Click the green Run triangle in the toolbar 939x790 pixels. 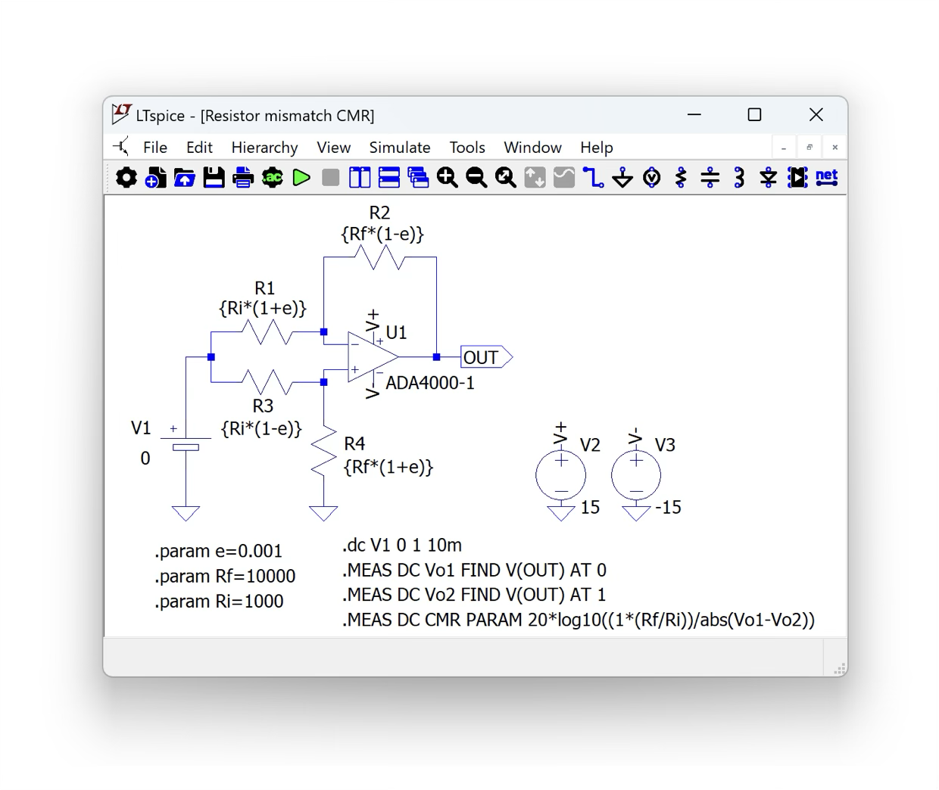coord(301,178)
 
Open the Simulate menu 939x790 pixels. coord(399,148)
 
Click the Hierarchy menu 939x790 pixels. coord(264,148)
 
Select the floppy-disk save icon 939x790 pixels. coord(214,178)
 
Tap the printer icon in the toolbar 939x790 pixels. coord(243,178)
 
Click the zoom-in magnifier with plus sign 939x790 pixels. coord(447,178)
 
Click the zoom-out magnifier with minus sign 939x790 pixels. coord(476,178)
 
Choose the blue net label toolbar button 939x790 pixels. coord(827,177)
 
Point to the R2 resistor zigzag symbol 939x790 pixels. coord(379,257)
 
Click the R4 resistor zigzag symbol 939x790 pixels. coord(324,451)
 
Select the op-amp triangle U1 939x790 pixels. coord(373,357)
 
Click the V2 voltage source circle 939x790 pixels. coord(561,475)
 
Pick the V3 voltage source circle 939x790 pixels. coord(636,475)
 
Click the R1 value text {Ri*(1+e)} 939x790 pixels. coord(263,308)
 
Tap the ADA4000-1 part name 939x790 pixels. coord(430,384)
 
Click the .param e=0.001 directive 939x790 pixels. coord(218,552)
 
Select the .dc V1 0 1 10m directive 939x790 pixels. coord(402,545)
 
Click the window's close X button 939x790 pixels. coord(816,114)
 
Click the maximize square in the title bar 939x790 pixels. coord(755,114)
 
